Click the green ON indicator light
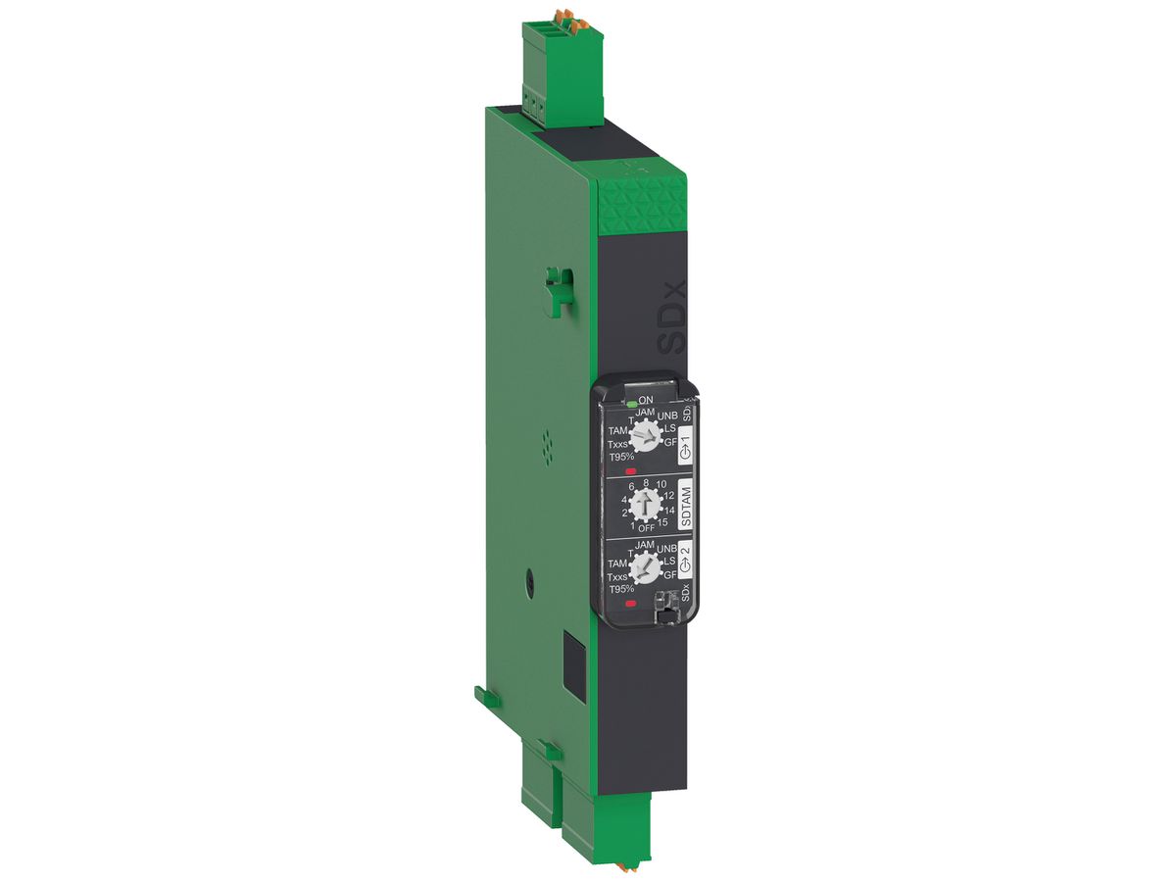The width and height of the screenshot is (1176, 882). tap(630, 402)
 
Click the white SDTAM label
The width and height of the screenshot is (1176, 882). tap(685, 507)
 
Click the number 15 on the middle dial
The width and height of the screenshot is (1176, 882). tap(663, 521)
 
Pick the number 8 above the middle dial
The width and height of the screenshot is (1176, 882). tap(646, 483)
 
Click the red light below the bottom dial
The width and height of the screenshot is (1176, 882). tap(630, 604)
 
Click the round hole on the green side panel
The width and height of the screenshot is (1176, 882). tap(529, 581)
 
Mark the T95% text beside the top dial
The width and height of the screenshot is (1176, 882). tap(619, 459)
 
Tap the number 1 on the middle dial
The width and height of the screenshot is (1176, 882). tap(619, 526)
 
